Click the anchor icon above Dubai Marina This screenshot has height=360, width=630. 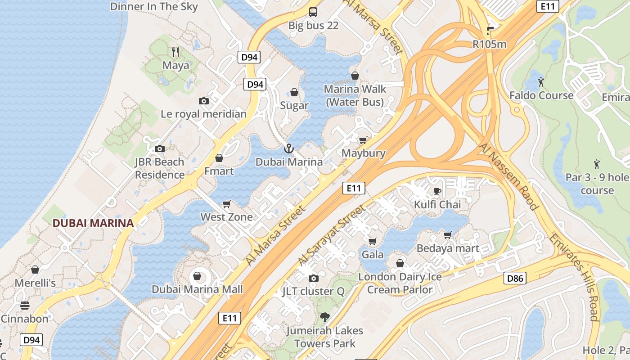click(x=288, y=148)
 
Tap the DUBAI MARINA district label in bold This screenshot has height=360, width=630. click(x=93, y=223)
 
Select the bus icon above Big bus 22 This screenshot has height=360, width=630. click(x=313, y=12)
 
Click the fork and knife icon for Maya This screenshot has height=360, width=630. click(x=175, y=52)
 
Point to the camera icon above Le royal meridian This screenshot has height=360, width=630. click(x=204, y=101)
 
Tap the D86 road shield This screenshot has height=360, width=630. click(x=515, y=278)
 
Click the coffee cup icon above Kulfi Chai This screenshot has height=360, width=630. click(x=437, y=191)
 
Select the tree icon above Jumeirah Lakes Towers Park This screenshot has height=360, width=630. click(x=324, y=317)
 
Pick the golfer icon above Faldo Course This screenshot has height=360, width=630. click(x=541, y=82)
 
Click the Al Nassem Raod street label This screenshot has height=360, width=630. click(x=509, y=177)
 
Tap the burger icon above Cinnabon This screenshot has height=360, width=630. click(x=25, y=306)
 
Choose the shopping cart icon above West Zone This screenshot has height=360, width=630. click(x=227, y=204)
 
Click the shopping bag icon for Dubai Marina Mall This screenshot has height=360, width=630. click(x=197, y=275)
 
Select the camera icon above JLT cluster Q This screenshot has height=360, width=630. click(x=314, y=278)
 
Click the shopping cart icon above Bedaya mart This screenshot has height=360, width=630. click(x=448, y=235)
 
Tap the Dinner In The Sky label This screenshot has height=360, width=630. click(x=154, y=6)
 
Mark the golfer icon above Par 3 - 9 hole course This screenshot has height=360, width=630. click(x=597, y=164)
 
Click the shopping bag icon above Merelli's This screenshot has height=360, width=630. click(x=35, y=270)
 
